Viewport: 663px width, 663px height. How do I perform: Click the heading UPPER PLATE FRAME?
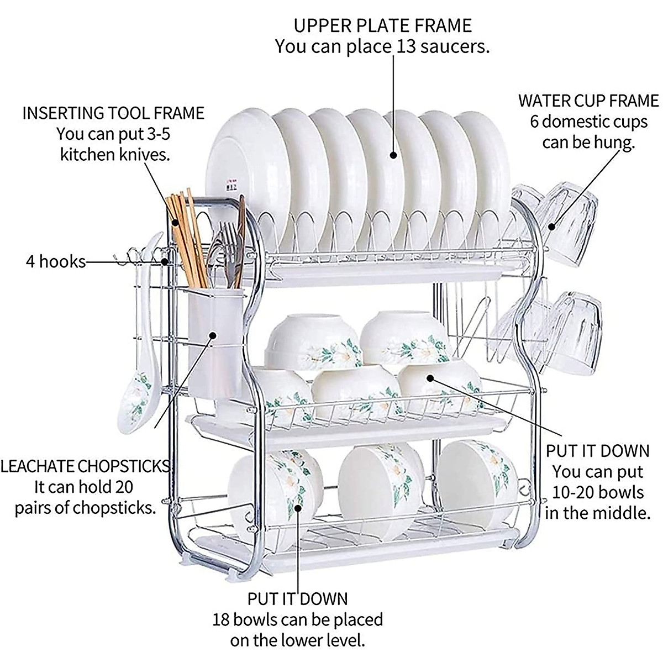coord(382,25)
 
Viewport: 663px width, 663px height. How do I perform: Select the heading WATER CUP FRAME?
coord(588,101)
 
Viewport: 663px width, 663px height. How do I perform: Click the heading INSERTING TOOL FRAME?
coord(113,113)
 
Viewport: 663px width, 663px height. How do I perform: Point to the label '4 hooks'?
coord(56,261)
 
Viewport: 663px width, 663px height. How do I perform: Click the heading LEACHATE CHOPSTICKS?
coord(85,467)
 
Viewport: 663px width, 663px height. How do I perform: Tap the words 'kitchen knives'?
coord(114,154)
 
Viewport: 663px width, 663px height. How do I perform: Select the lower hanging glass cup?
coord(575,331)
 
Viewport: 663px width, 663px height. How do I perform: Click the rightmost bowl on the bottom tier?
coord(475,481)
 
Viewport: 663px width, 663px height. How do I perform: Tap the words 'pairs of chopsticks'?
coord(85,508)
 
